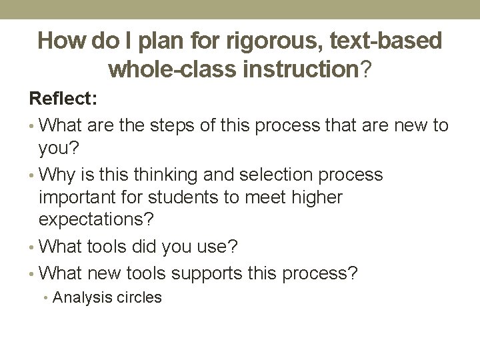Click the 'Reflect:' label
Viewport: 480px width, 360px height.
click(63, 99)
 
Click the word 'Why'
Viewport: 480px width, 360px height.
click(57, 175)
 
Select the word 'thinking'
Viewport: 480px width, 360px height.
click(161, 175)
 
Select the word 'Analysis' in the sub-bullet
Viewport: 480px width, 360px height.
click(81, 297)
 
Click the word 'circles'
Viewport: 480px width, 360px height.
click(138, 297)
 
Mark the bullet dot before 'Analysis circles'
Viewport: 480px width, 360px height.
click(45, 298)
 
